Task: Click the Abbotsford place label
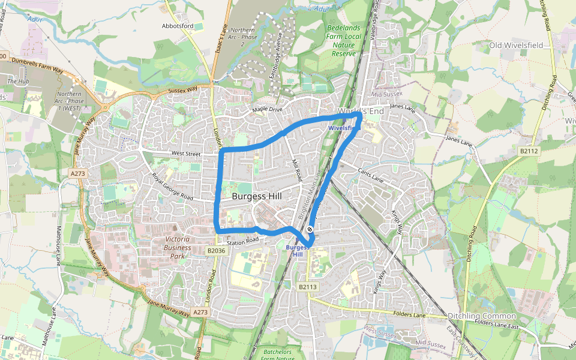pos(178,26)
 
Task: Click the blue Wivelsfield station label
pos(344,128)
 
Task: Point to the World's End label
pos(361,112)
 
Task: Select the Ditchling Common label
pos(482,316)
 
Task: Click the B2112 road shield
pos(529,151)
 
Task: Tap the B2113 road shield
pos(307,287)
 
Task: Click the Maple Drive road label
pos(267,109)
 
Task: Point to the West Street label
pos(185,154)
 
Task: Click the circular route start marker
pos(310,229)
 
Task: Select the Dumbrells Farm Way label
pos(37,70)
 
